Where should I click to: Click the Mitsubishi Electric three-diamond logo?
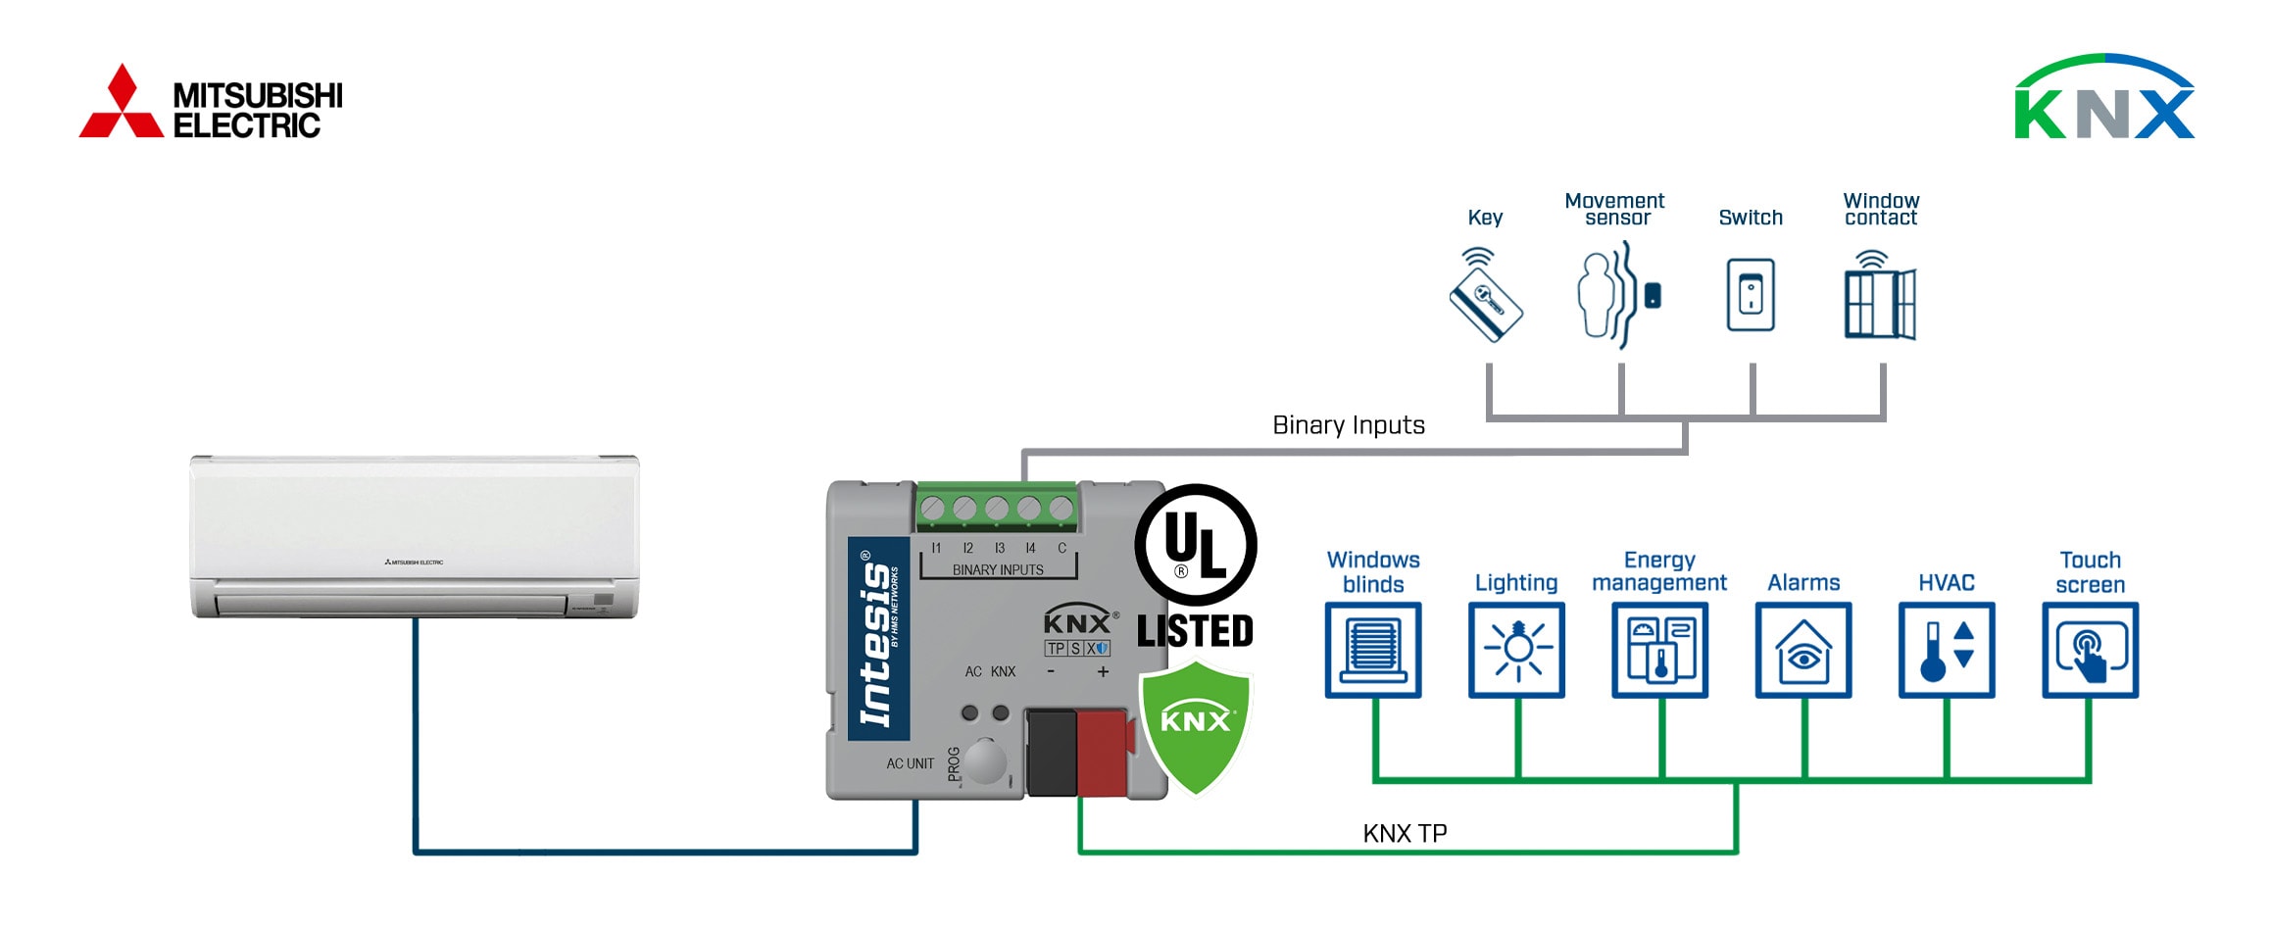[x=122, y=102]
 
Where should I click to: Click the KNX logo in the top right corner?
[x=2103, y=98]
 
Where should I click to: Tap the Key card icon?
[x=1486, y=298]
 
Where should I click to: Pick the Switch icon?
[x=1751, y=294]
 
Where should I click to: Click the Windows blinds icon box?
[x=1372, y=650]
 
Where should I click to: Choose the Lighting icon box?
[x=1516, y=650]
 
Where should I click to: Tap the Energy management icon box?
[x=1659, y=650]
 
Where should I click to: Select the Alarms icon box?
[x=1803, y=650]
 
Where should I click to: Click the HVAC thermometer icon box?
[x=1947, y=650]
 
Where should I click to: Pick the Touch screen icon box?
[x=2090, y=650]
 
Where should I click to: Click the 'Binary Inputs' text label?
[x=1348, y=425]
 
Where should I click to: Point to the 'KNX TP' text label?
[x=1405, y=833]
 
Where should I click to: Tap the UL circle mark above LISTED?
[x=1195, y=545]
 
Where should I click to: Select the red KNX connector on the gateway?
[x=1103, y=753]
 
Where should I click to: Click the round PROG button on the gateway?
[x=985, y=760]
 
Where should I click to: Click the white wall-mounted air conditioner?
[x=415, y=536]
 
